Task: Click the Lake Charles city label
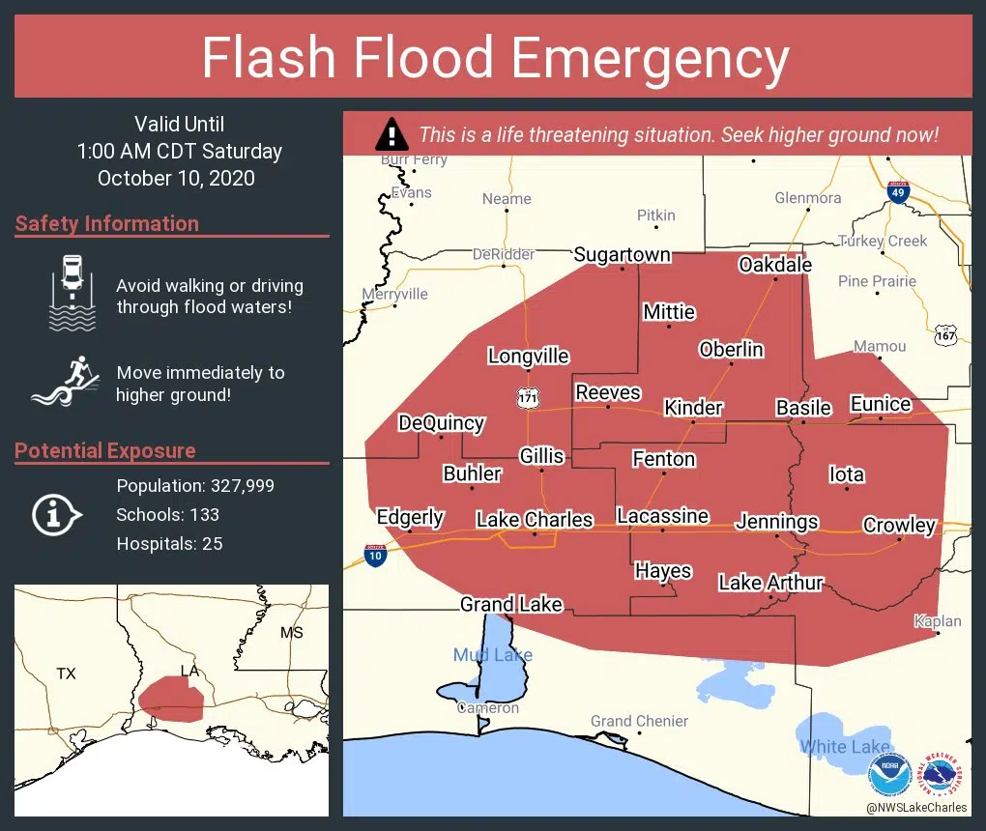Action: (534, 520)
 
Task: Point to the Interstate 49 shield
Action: (898, 191)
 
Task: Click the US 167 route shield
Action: (946, 334)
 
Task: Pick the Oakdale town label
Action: (774, 265)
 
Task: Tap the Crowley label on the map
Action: (899, 525)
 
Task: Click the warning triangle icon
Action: (391, 133)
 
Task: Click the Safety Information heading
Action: (107, 223)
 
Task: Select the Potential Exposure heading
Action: (105, 450)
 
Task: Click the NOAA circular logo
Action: (889, 776)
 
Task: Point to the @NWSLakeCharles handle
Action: (916, 808)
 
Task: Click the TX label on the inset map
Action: (66, 673)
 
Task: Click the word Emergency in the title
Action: (650, 57)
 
